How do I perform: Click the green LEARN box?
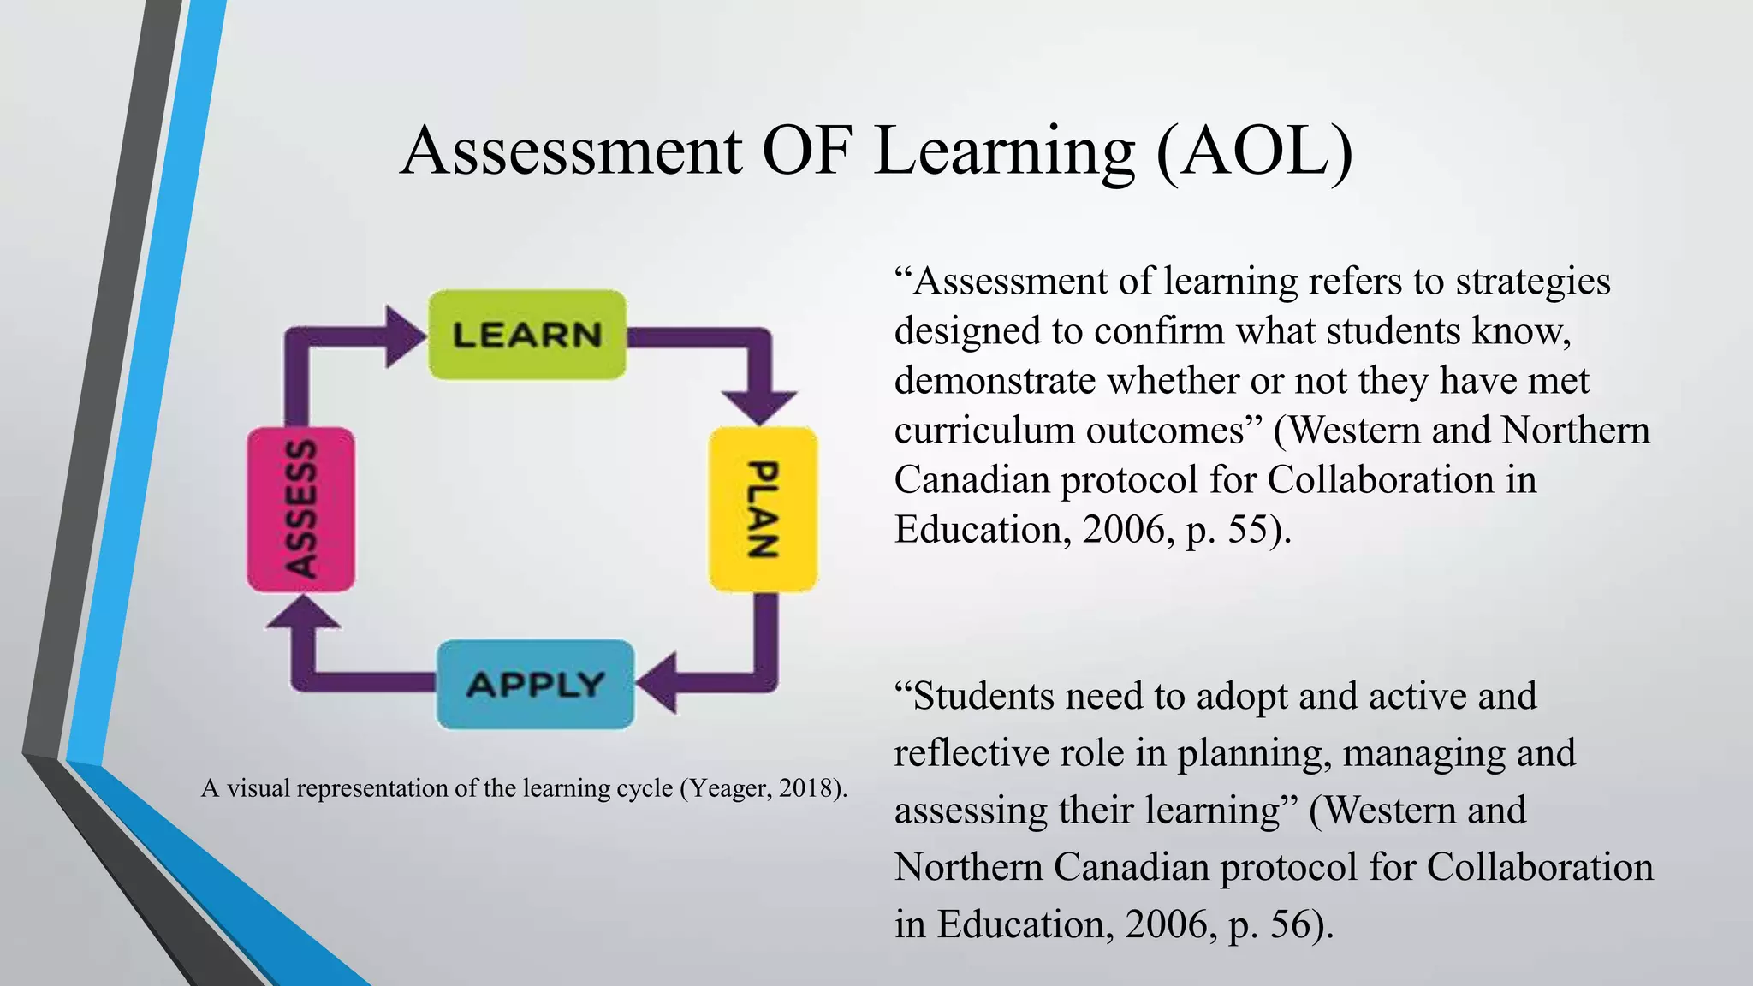(x=526, y=335)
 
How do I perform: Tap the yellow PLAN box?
(x=763, y=508)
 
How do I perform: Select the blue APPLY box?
(x=536, y=684)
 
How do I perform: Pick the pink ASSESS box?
(x=300, y=508)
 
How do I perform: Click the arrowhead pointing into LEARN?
(x=404, y=336)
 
